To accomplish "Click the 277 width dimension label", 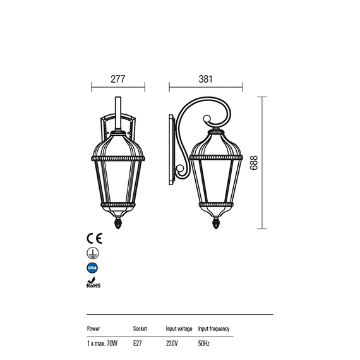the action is click(117, 79).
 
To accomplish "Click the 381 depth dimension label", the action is click(205, 79).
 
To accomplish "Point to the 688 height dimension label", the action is click(254, 163).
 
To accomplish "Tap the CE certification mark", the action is click(94, 238).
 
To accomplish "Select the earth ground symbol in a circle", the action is click(93, 253).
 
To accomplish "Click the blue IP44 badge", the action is click(92, 268).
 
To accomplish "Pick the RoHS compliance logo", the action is click(93, 282).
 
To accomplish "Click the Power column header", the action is click(93, 328).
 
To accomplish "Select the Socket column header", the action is click(140, 328).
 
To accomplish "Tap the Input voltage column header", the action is click(179, 329).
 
